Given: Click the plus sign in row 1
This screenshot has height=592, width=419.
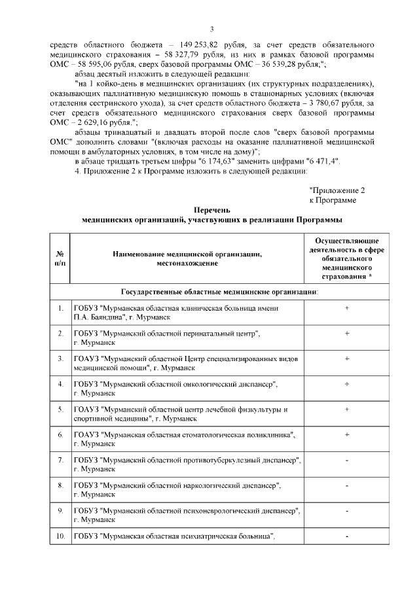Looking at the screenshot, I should [346, 307].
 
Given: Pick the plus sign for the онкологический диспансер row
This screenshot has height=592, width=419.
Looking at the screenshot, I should [346, 384].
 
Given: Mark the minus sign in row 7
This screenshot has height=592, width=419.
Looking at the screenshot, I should [346, 461].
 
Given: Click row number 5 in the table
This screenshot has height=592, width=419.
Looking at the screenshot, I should [60, 409].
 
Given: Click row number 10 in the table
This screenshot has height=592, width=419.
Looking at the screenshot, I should [60, 537].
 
